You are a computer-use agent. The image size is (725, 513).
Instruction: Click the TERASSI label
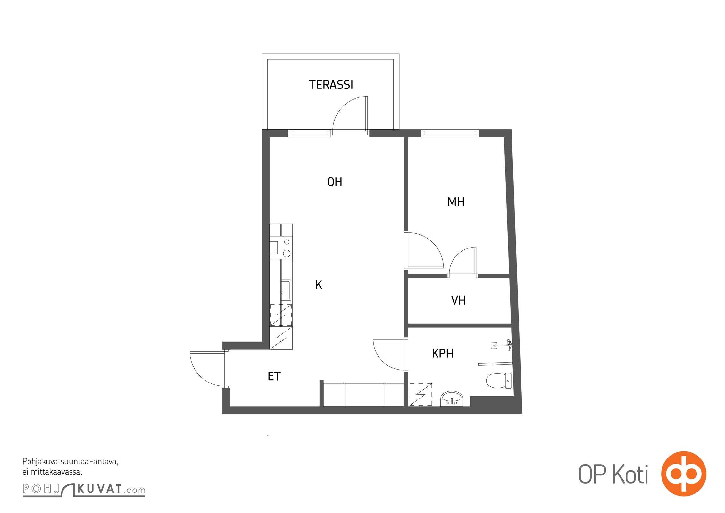pos(331,85)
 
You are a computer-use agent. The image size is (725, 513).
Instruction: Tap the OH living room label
pos(335,182)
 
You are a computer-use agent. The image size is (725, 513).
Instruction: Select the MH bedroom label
pos(456,202)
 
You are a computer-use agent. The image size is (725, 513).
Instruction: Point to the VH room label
pos(458,300)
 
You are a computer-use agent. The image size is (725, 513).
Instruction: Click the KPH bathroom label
pos(443,353)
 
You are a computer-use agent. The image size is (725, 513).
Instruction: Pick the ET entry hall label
pos(274,376)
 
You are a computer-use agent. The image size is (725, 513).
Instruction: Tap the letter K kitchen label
pos(319,285)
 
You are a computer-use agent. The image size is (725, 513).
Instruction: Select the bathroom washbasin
pos(452,399)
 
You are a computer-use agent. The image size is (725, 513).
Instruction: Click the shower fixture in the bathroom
pos(502,345)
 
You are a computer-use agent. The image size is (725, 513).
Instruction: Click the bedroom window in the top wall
pos(450,133)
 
